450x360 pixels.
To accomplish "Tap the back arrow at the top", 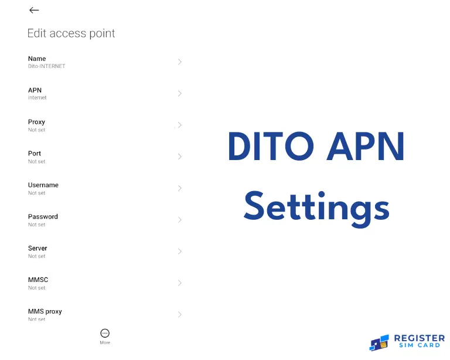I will coord(34,10).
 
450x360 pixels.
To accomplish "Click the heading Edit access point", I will coord(71,33).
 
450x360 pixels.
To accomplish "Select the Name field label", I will coord(37,59).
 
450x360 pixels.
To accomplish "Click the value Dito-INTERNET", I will coord(47,66).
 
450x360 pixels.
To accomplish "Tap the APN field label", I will coord(35,90).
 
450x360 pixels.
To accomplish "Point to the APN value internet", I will coord(37,98).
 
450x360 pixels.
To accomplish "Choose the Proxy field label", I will coord(36,122).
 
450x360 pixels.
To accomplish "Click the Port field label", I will coord(35,154).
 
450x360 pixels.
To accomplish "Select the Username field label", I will coord(43,185).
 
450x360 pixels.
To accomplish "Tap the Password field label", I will coord(43,217).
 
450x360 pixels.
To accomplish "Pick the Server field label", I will coord(37,249).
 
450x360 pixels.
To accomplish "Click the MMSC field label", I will coord(38,280).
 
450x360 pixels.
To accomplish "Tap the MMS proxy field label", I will coord(45,312).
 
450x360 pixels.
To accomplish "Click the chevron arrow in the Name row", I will coord(180,62).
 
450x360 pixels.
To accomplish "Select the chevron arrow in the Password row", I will coord(180,220).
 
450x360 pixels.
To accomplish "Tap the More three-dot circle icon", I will coord(105,333).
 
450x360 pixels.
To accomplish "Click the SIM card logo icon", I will coord(379,342).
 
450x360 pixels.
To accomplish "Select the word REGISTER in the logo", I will coord(420,338).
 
